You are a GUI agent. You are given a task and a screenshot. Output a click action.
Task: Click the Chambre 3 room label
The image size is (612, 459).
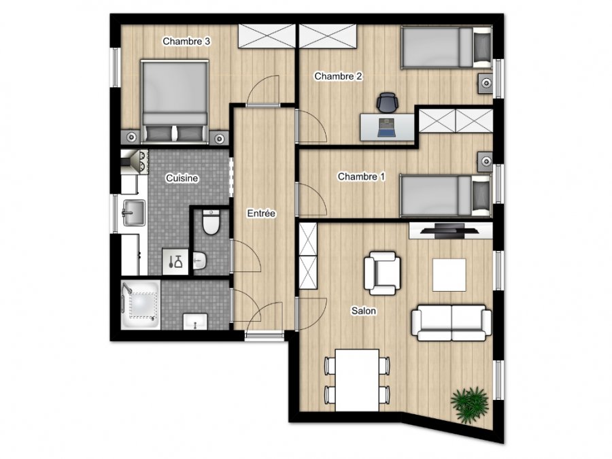coord(186,41)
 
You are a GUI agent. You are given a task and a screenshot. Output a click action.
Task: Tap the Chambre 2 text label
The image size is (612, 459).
coord(338,76)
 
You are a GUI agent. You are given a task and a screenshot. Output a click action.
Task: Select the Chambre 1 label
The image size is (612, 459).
coord(361,177)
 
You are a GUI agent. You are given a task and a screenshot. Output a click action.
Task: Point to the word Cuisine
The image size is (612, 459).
coord(182,178)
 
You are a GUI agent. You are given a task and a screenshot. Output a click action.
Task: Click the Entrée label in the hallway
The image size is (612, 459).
coord(261,214)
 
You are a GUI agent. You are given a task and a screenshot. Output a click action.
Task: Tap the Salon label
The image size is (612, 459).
coord(363,311)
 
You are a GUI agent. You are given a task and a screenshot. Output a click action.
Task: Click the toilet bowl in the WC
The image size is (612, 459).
coord(211,222)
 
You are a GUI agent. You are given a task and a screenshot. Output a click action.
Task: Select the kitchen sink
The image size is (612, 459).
coord(134,213)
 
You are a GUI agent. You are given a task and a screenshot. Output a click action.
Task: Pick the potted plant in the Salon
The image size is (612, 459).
coord(469,405)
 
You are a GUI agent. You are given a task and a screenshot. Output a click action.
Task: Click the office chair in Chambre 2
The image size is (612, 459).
coord(388,102)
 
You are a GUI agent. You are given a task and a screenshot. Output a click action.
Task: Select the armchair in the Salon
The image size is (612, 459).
coord(382,273)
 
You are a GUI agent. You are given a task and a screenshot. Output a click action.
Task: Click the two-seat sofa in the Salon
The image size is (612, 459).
coord(452,323)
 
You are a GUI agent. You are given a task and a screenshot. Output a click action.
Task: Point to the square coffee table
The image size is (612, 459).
coord(449,275)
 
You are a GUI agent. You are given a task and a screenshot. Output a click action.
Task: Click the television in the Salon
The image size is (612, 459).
coord(449,231)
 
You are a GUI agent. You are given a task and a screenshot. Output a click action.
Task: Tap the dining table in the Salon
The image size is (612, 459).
coord(357,380)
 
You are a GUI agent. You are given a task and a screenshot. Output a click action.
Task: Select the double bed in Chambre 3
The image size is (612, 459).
coord(175,101)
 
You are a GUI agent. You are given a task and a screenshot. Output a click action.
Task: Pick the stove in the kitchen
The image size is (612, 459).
coord(135,162)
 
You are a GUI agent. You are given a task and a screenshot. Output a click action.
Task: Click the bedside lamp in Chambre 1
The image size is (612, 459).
coord(486,161)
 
